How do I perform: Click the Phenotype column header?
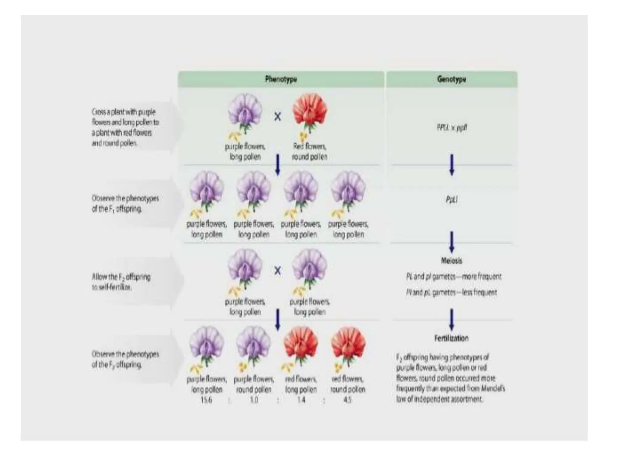(281, 79)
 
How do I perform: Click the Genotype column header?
(451, 79)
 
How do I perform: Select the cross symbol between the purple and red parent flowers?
(277, 117)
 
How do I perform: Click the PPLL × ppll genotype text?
(452, 127)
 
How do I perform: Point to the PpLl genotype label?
(452, 200)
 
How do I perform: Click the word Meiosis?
(452, 261)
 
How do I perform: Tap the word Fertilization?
(451, 338)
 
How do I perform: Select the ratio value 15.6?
(206, 400)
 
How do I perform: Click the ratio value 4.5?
(347, 400)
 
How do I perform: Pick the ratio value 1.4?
(301, 400)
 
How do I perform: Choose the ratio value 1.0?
(254, 400)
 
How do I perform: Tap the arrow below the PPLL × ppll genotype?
(452, 165)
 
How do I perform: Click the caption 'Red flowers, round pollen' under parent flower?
(310, 151)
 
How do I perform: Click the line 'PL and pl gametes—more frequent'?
(453, 277)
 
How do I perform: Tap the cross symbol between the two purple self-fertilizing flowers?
(277, 271)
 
